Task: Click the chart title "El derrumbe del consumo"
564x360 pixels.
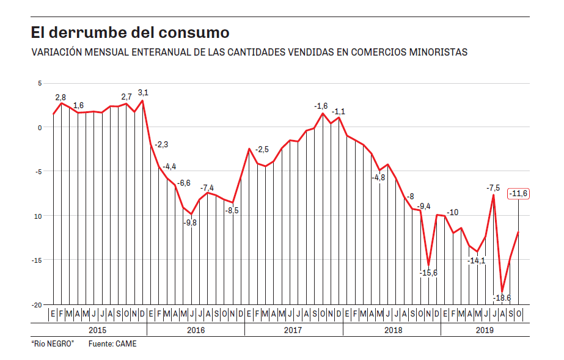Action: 130,32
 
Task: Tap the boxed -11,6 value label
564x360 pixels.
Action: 518,194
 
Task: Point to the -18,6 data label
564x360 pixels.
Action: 502,298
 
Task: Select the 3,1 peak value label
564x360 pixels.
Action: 143,92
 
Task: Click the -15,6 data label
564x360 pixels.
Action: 428,273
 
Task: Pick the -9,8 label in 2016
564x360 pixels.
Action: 191,222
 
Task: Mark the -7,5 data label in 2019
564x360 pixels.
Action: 493,188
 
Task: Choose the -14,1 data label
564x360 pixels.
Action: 476,260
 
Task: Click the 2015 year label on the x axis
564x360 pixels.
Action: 98,330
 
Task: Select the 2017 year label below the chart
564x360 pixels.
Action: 293,330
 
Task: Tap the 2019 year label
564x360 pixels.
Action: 485,330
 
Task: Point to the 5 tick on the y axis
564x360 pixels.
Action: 40,83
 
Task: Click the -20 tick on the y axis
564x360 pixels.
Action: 37,304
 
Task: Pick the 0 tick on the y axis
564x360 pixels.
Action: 40,127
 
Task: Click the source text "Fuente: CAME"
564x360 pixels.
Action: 112,344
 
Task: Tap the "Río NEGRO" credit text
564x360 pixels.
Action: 53,344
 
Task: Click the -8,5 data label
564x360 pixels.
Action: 232,210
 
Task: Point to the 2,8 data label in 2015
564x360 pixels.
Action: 60,97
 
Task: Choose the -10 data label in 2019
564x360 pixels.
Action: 452,212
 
